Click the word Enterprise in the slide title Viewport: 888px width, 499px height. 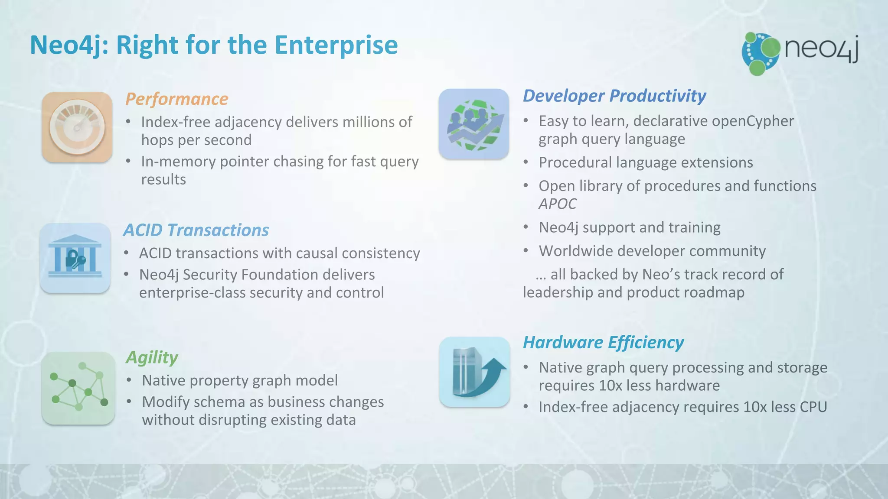336,45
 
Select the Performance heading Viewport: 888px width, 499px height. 176,99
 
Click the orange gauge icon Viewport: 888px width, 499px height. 77,127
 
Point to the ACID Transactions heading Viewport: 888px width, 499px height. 196,230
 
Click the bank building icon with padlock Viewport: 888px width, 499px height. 75,258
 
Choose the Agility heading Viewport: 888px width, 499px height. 152,357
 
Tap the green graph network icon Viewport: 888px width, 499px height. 78,388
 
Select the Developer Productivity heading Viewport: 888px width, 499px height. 614,96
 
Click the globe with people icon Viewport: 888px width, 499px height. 473,124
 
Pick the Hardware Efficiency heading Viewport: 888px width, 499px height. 603,342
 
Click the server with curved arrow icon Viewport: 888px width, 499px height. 474,372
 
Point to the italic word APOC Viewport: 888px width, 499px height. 557,204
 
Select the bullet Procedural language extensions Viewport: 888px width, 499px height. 646,162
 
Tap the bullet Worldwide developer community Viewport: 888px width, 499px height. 652,251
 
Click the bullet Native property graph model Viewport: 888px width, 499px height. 240,380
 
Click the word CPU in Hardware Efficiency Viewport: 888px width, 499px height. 813,407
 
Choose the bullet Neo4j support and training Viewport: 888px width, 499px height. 630,227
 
